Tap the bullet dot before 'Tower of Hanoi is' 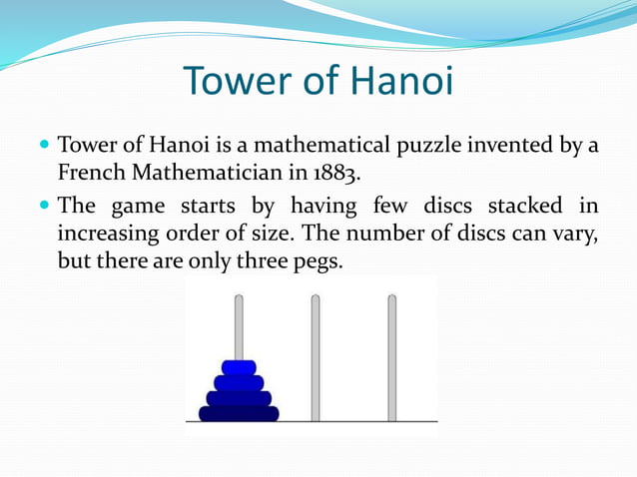click(44, 146)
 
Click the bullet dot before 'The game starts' click(44, 207)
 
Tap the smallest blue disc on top click(239, 367)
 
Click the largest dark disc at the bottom click(239, 412)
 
